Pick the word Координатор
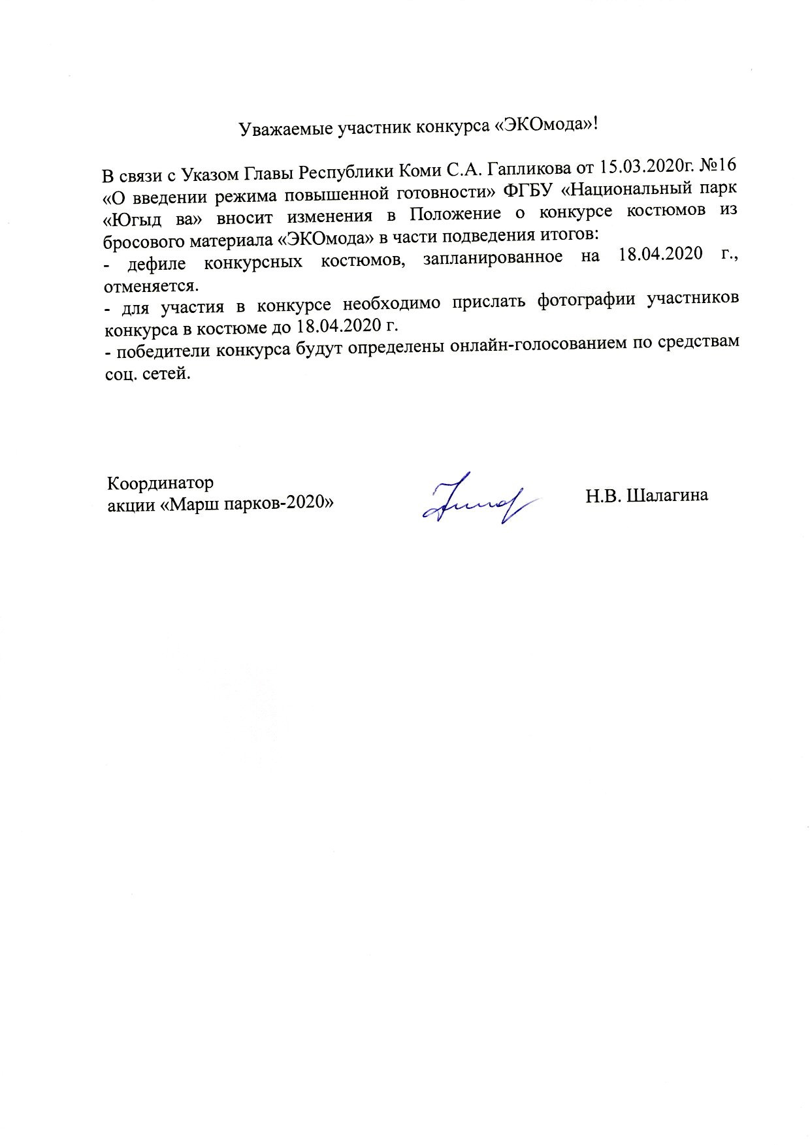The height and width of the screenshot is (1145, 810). tap(160, 484)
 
